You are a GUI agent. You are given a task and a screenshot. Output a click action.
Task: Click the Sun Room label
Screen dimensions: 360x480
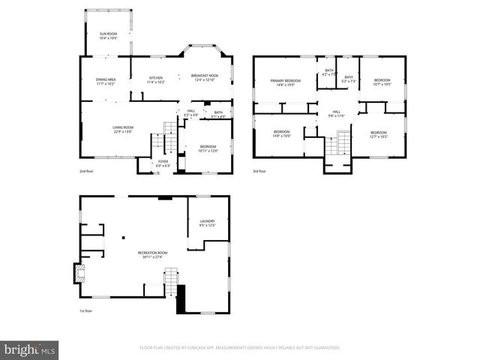pos(109,35)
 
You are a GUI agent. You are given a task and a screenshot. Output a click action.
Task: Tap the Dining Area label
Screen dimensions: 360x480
pos(106,81)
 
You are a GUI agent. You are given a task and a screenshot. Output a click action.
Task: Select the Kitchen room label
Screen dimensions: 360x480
pos(156,79)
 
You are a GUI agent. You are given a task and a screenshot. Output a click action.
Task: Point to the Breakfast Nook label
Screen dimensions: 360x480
pos(204,77)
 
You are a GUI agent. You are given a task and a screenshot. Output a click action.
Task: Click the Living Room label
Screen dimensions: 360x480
pos(123,129)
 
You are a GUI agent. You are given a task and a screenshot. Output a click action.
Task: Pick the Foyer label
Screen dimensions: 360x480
pos(163,163)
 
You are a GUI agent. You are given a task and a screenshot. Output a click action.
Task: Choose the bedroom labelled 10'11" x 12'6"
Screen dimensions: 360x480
pos(208,148)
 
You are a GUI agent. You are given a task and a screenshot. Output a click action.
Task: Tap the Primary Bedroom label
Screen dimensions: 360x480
pos(285,82)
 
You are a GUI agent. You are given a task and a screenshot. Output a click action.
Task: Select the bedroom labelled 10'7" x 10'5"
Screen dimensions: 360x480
pos(382,82)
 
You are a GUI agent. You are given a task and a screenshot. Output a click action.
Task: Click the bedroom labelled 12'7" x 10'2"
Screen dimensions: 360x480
pos(378,135)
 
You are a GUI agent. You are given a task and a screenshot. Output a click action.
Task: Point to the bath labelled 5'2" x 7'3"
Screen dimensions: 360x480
pos(348,79)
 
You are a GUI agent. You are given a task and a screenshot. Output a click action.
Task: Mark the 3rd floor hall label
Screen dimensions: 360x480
pos(336,114)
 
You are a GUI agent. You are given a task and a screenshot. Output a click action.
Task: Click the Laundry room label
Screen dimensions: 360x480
pos(207,223)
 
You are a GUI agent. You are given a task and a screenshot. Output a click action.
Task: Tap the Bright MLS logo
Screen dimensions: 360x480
pos(30,349)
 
